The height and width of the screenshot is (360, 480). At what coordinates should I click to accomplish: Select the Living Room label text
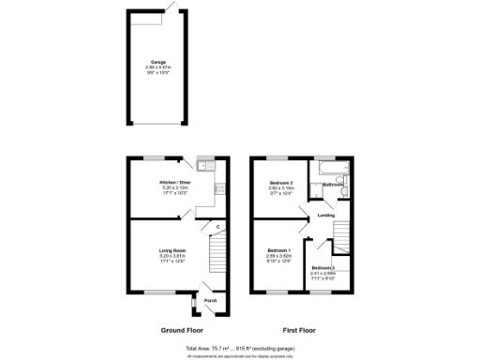[x=172, y=250]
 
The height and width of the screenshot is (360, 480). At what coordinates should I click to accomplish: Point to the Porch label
[x=211, y=301]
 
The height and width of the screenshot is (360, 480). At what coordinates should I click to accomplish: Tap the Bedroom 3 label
[x=323, y=268]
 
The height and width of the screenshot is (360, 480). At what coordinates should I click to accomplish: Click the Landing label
[x=326, y=216]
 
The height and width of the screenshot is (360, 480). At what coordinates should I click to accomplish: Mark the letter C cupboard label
[x=217, y=227]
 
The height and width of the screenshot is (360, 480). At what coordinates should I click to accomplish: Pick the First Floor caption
[x=301, y=331]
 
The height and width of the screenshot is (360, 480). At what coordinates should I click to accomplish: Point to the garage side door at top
[x=170, y=9]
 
